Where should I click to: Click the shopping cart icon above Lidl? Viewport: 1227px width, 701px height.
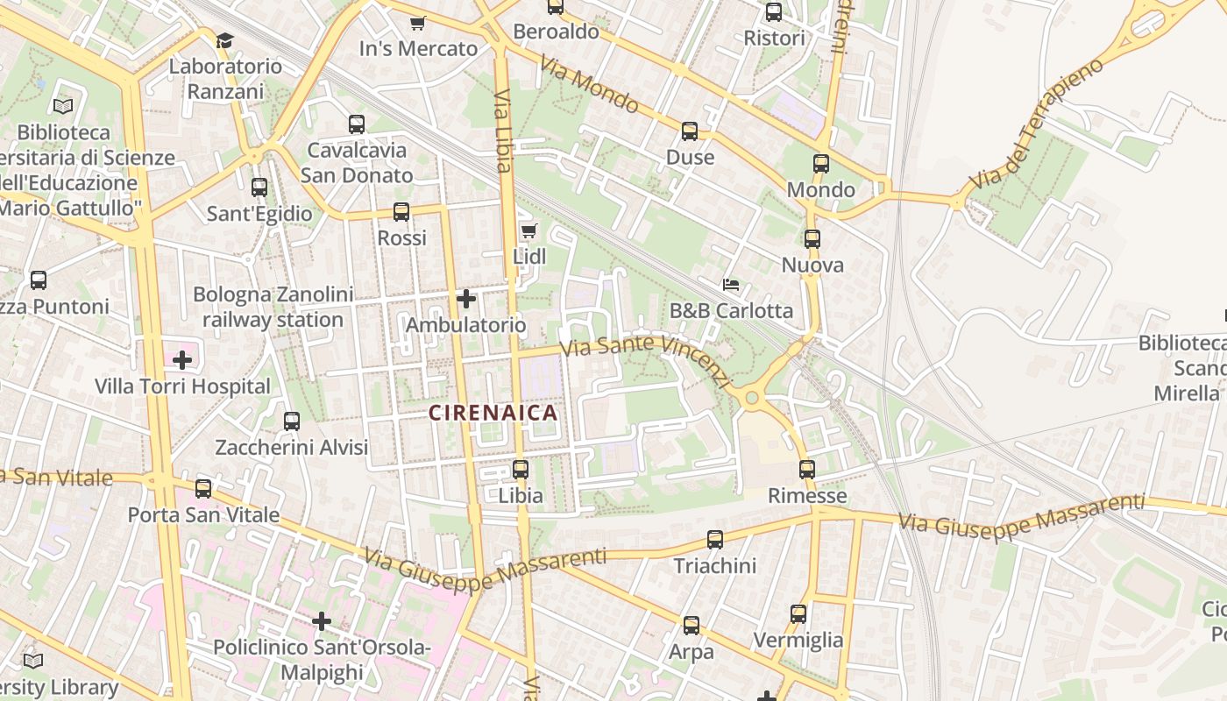(x=528, y=231)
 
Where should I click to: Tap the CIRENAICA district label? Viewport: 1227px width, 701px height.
(x=493, y=413)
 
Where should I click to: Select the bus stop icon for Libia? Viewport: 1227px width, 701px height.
(x=521, y=470)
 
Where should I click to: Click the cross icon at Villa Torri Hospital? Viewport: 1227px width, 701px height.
(x=182, y=360)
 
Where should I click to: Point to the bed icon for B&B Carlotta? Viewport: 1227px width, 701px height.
(x=731, y=285)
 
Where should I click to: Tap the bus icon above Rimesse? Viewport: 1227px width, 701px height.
(x=807, y=470)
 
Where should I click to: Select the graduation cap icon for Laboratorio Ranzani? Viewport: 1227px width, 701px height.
(x=225, y=40)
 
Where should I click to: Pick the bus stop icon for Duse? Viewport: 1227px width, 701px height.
(x=690, y=131)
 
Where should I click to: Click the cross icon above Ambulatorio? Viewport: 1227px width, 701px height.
(x=466, y=299)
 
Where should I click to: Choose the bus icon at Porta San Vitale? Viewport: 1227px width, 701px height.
(x=203, y=489)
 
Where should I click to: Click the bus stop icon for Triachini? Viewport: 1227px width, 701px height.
(x=715, y=540)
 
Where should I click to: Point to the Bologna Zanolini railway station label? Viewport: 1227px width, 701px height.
(x=273, y=308)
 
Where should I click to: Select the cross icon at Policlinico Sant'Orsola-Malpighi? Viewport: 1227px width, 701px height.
(x=322, y=621)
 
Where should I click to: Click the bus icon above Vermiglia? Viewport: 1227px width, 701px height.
(x=798, y=614)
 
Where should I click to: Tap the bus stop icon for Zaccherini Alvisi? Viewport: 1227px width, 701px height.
(x=292, y=421)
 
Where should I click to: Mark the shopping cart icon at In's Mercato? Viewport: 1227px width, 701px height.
(x=418, y=23)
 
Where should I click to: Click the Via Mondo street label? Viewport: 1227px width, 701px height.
(x=589, y=85)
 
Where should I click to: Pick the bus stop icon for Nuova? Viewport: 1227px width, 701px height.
(x=812, y=239)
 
